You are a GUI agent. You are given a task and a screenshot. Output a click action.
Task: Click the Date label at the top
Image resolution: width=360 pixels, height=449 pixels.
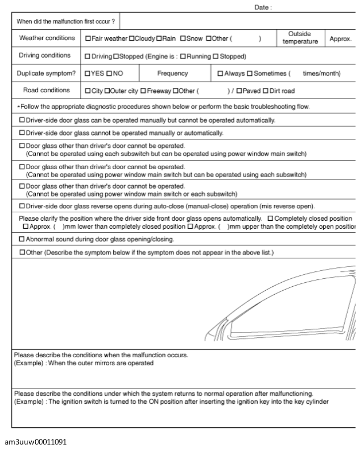tap(263, 8)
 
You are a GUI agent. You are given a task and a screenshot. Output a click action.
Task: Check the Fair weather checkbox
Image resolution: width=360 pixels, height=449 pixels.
tap(88, 39)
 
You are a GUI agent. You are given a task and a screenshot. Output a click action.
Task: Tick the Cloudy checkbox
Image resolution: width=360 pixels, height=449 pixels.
tap(132, 39)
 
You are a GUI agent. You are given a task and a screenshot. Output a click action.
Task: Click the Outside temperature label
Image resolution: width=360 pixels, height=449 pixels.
tap(300, 38)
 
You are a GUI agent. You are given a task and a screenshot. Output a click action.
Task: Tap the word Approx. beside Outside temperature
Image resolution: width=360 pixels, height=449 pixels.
tap(341, 39)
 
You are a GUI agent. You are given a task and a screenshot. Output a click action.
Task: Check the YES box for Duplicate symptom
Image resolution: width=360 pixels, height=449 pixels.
tap(87, 73)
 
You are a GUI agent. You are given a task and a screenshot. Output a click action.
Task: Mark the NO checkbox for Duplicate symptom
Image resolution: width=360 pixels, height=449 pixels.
tap(109, 73)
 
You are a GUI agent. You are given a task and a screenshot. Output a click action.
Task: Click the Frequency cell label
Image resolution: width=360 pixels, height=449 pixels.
tap(172, 73)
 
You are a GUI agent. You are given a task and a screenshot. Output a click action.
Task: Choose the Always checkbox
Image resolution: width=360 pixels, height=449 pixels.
tap(220, 73)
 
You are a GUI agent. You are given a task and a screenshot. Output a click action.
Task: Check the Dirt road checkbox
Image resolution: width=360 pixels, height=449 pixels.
tap(265, 91)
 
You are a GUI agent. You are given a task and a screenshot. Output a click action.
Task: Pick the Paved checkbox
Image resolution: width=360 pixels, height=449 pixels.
tap(239, 91)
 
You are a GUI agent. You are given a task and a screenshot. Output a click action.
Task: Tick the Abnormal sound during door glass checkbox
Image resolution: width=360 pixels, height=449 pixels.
tap(22, 239)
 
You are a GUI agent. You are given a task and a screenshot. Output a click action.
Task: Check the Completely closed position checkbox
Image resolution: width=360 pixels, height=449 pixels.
tap(270, 219)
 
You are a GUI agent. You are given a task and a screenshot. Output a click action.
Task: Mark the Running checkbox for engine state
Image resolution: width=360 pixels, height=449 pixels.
tap(183, 56)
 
